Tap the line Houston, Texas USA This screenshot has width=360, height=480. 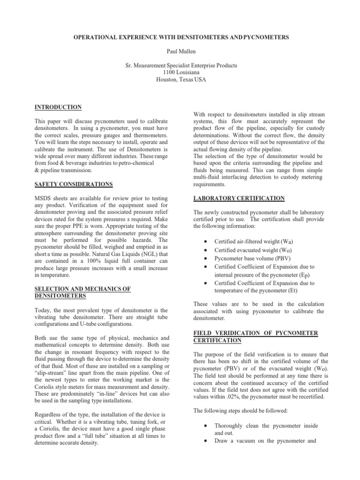180,80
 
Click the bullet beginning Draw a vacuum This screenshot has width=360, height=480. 266,428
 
